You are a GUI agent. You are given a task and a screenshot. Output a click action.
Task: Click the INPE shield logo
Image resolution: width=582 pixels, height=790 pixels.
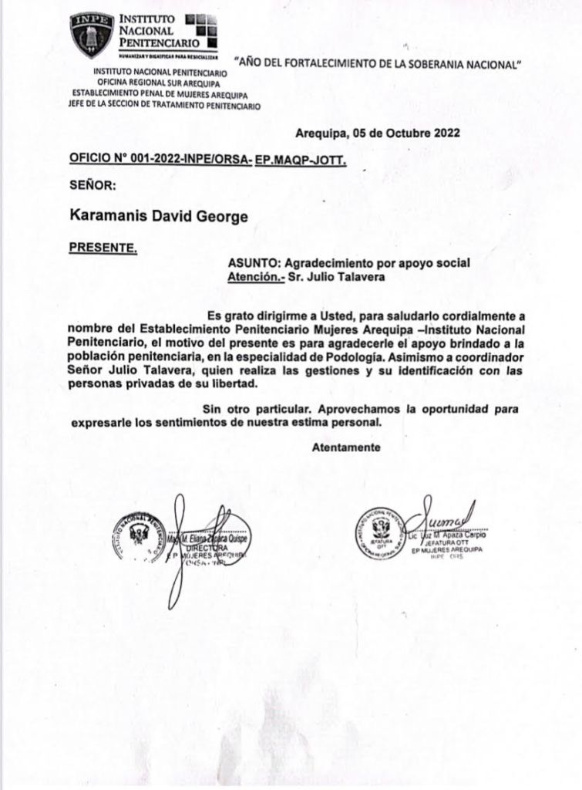(x=92, y=35)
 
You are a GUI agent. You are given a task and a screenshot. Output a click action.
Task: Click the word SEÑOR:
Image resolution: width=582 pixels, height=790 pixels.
(x=93, y=185)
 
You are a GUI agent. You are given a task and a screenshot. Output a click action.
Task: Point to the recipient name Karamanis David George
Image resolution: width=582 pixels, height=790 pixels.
(x=159, y=217)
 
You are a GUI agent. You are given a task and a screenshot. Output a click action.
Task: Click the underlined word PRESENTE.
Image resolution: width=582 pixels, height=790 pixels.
(x=103, y=248)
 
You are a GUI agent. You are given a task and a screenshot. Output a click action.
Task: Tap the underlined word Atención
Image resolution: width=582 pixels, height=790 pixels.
(x=253, y=276)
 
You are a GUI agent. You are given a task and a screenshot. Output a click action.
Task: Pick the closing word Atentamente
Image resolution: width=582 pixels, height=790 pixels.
(x=346, y=447)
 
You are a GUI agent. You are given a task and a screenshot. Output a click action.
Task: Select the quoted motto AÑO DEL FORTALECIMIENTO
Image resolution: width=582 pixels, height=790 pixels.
(x=378, y=64)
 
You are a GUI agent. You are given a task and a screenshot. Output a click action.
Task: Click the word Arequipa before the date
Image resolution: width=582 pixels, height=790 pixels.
(x=321, y=132)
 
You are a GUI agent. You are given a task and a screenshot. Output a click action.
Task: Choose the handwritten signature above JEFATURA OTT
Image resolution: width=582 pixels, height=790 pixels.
(x=444, y=516)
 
